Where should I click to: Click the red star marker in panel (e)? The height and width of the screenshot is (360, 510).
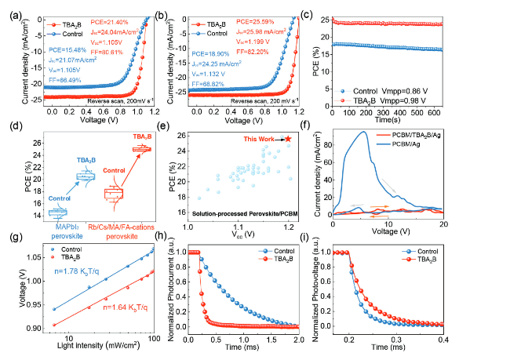(x=288, y=138)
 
